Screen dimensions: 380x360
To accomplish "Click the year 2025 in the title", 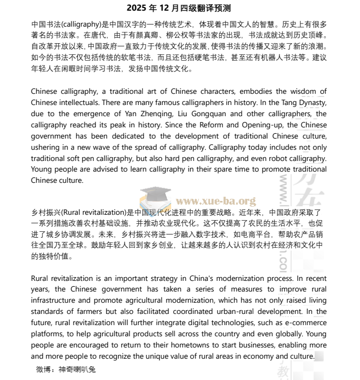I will point(136,9).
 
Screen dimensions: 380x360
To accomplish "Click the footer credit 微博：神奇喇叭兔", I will point(66,369).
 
